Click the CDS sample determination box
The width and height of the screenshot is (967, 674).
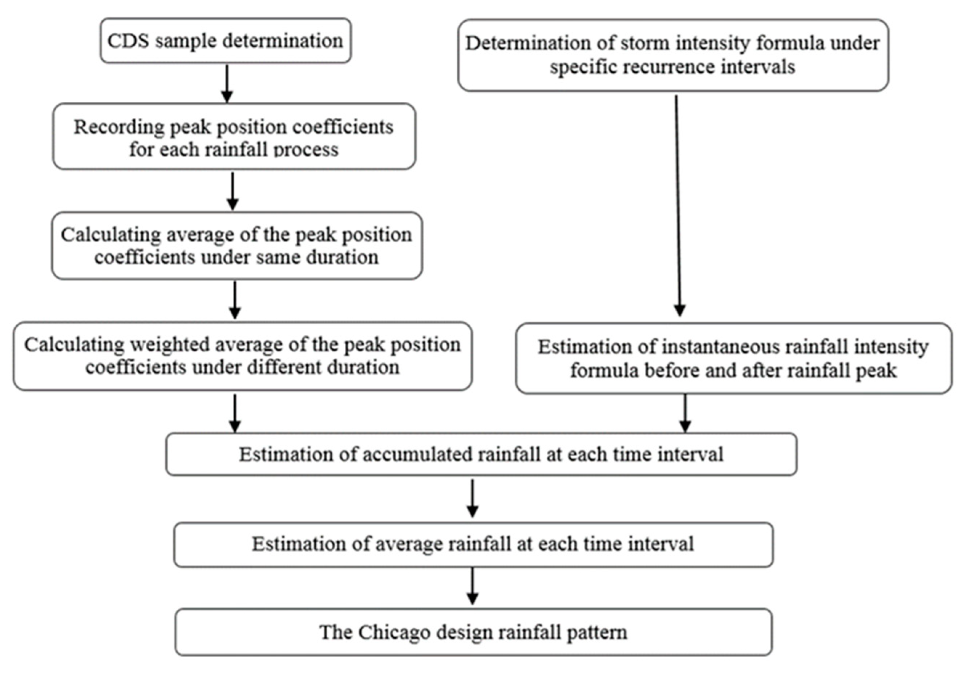pyautogui.click(x=226, y=41)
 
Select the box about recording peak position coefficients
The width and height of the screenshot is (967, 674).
pyautogui.click(x=234, y=137)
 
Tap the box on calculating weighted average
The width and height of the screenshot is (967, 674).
pyautogui.click(x=242, y=356)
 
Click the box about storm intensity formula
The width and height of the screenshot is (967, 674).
pyautogui.click(x=673, y=55)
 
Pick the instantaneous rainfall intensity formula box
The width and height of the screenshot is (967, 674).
pyautogui.click(x=733, y=359)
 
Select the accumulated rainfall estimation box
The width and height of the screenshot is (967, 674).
pyautogui.click(x=481, y=455)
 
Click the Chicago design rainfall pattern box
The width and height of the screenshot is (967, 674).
pyautogui.click(x=473, y=632)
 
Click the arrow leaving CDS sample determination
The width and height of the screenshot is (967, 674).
pyautogui.click(x=227, y=84)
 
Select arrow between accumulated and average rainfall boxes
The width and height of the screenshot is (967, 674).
pyautogui.click(x=473, y=499)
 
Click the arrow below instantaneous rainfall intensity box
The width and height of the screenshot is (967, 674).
pyautogui.click(x=685, y=413)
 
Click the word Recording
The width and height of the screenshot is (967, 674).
pyautogui.click(x=118, y=127)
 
